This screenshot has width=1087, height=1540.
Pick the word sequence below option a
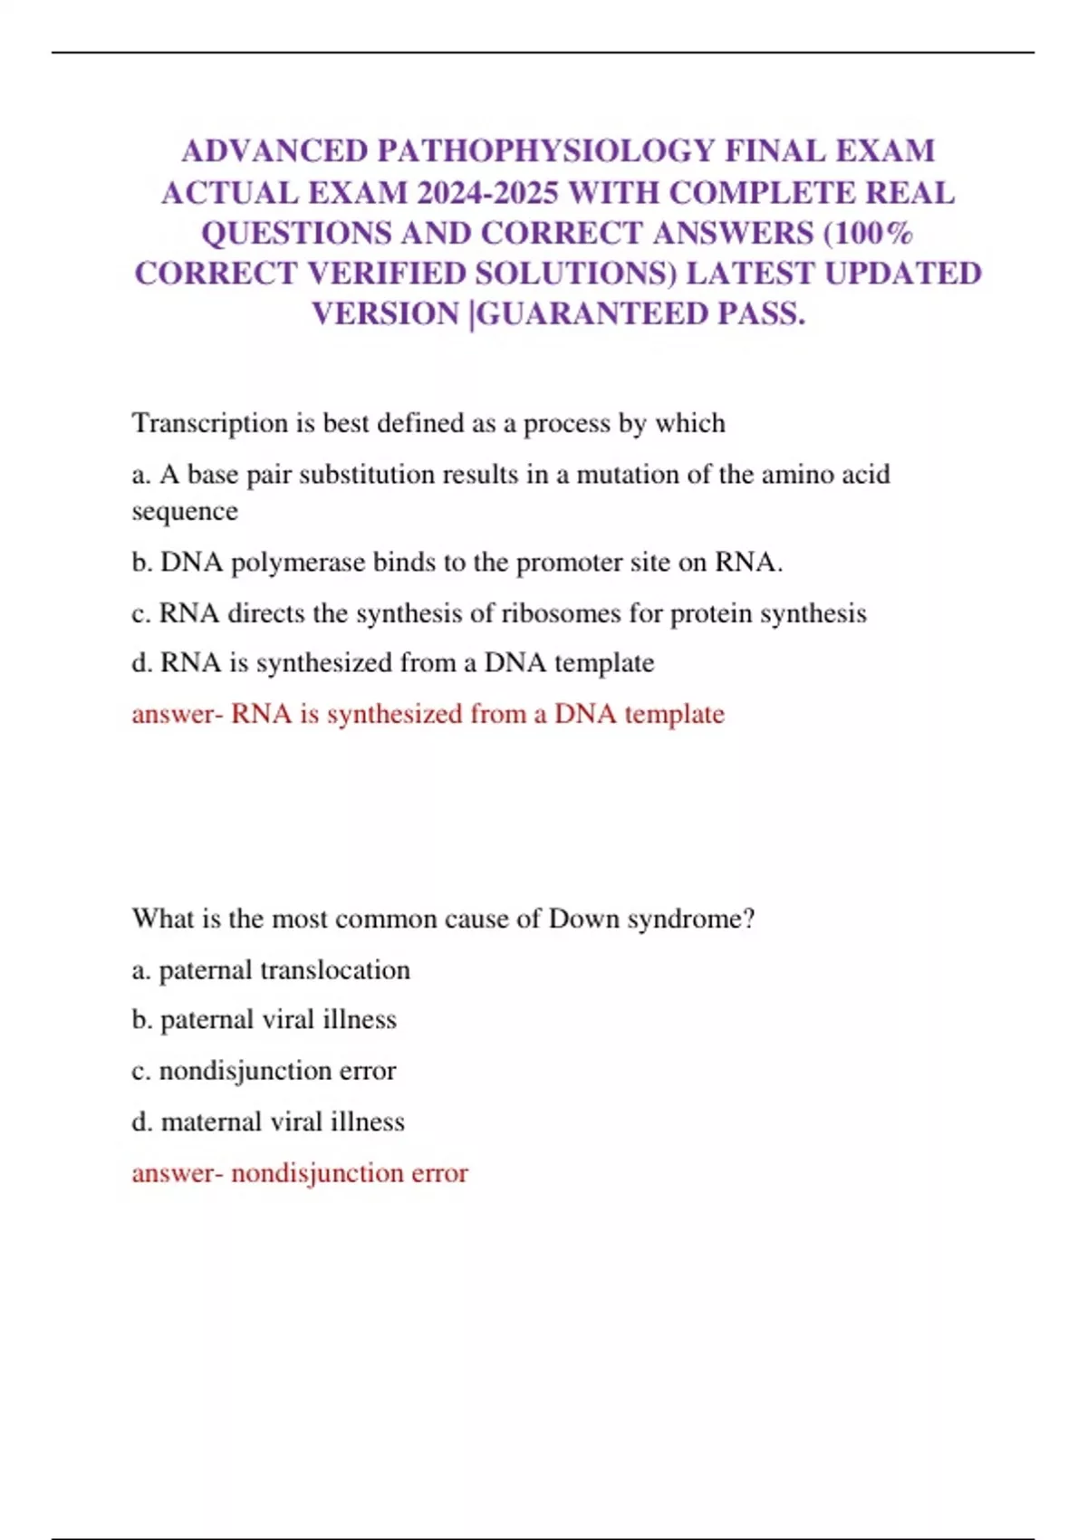point(185,512)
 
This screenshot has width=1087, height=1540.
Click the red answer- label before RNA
point(177,714)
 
